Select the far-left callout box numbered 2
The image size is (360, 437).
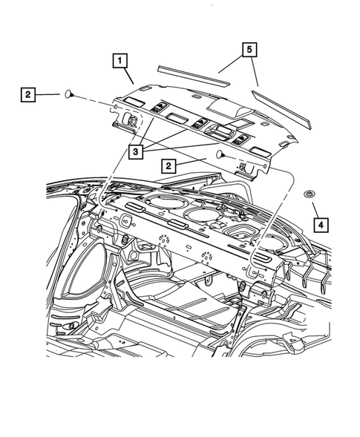[x=27, y=94]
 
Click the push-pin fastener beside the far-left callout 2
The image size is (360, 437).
[x=68, y=94]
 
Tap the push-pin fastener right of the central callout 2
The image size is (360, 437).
[x=221, y=154]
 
